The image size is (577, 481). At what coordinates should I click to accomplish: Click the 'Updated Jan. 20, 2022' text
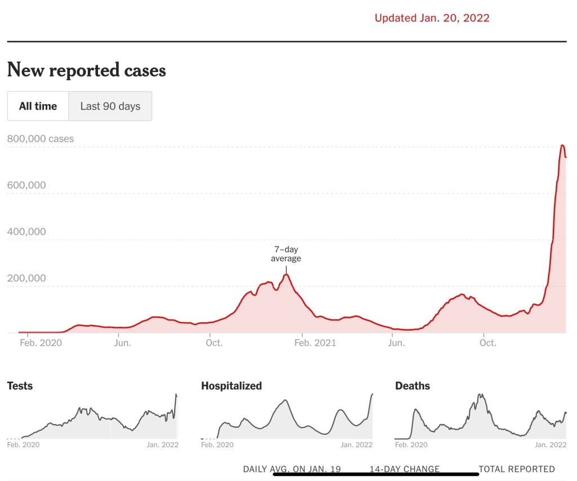pyautogui.click(x=432, y=18)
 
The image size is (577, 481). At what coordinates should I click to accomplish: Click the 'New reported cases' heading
pyautogui.click(x=86, y=70)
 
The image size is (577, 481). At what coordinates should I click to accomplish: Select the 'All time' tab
pyautogui.click(x=38, y=106)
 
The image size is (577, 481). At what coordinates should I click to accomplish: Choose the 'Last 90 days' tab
pyautogui.click(x=110, y=106)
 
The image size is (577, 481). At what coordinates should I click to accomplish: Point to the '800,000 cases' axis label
pyautogui.click(x=41, y=139)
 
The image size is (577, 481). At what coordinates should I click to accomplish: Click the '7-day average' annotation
pyautogui.click(x=286, y=253)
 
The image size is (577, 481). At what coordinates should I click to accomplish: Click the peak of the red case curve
pyautogui.click(x=562, y=145)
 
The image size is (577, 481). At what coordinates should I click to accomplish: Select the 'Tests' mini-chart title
pyautogui.click(x=20, y=386)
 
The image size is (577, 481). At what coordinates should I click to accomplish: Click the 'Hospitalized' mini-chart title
pyautogui.click(x=232, y=386)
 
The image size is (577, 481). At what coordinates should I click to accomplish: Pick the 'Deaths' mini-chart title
pyautogui.click(x=412, y=386)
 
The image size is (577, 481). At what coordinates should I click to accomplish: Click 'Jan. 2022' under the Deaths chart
pyautogui.click(x=551, y=445)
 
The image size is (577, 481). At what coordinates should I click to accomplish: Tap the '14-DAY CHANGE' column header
pyautogui.click(x=405, y=469)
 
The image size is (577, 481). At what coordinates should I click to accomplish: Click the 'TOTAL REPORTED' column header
pyautogui.click(x=517, y=469)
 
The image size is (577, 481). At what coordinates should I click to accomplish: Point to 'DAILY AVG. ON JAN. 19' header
pyautogui.click(x=292, y=469)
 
